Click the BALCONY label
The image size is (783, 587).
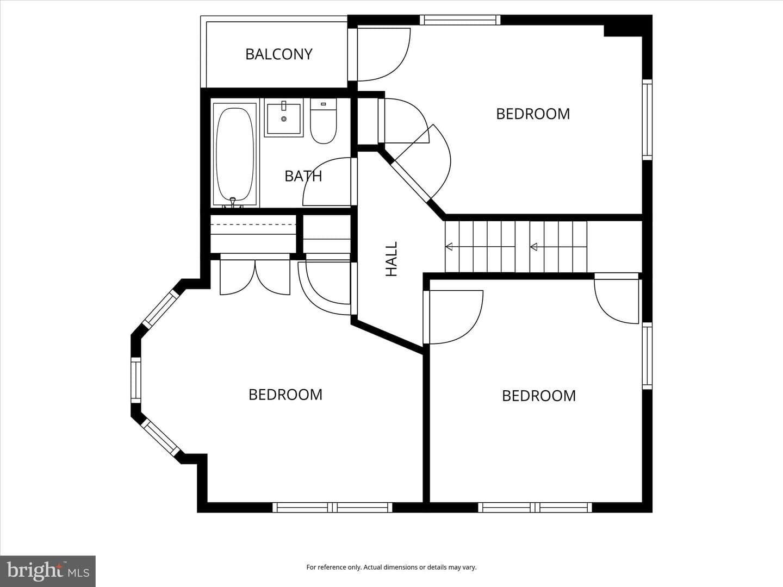278,54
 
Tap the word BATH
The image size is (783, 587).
303,176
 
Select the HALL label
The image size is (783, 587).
391,259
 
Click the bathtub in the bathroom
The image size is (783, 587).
235,154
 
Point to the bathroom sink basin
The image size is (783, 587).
284,117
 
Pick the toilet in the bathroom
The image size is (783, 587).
323,121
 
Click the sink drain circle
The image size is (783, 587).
284,119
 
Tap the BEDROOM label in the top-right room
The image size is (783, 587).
533,114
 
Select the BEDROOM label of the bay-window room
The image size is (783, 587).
285,395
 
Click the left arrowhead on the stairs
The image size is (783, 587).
449,246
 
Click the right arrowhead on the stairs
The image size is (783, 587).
534,246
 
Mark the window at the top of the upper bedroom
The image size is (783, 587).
460,20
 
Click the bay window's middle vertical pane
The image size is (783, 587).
136,380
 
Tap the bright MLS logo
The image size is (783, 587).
48,571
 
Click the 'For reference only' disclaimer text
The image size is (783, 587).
391,567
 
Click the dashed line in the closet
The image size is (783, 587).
253,224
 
